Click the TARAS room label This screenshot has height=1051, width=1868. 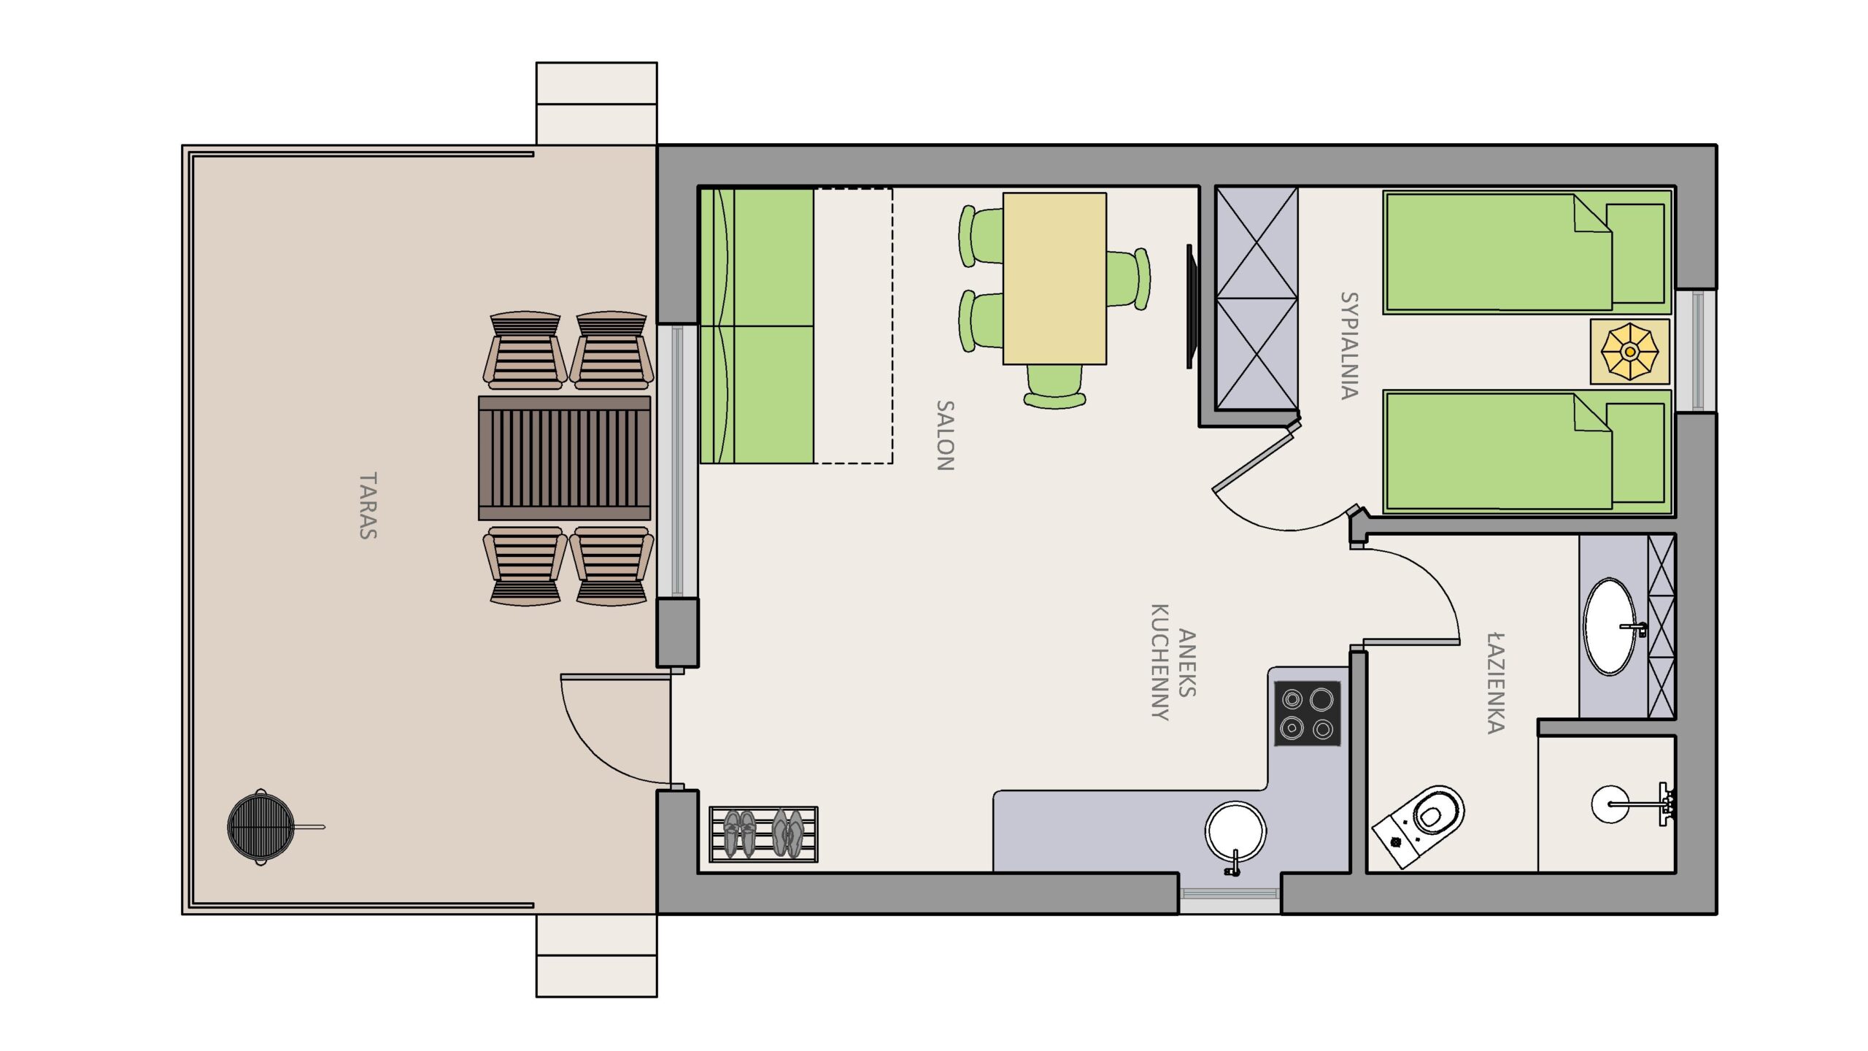coord(368,506)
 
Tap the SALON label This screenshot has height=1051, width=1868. coord(946,435)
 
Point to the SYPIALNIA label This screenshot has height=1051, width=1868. coord(1349,345)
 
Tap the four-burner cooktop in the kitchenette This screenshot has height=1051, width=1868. coord(1307,713)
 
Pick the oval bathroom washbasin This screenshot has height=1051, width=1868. coord(1610,626)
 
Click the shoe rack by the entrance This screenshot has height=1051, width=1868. coord(763,834)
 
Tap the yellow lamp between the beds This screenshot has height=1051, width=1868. coord(1629,352)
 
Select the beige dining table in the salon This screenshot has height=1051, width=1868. coord(1054,278)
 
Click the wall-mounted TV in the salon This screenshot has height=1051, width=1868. coord(1190,307)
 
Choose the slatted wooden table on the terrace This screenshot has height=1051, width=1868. coord(564,458)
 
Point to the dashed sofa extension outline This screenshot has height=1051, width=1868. coord(853,326)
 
